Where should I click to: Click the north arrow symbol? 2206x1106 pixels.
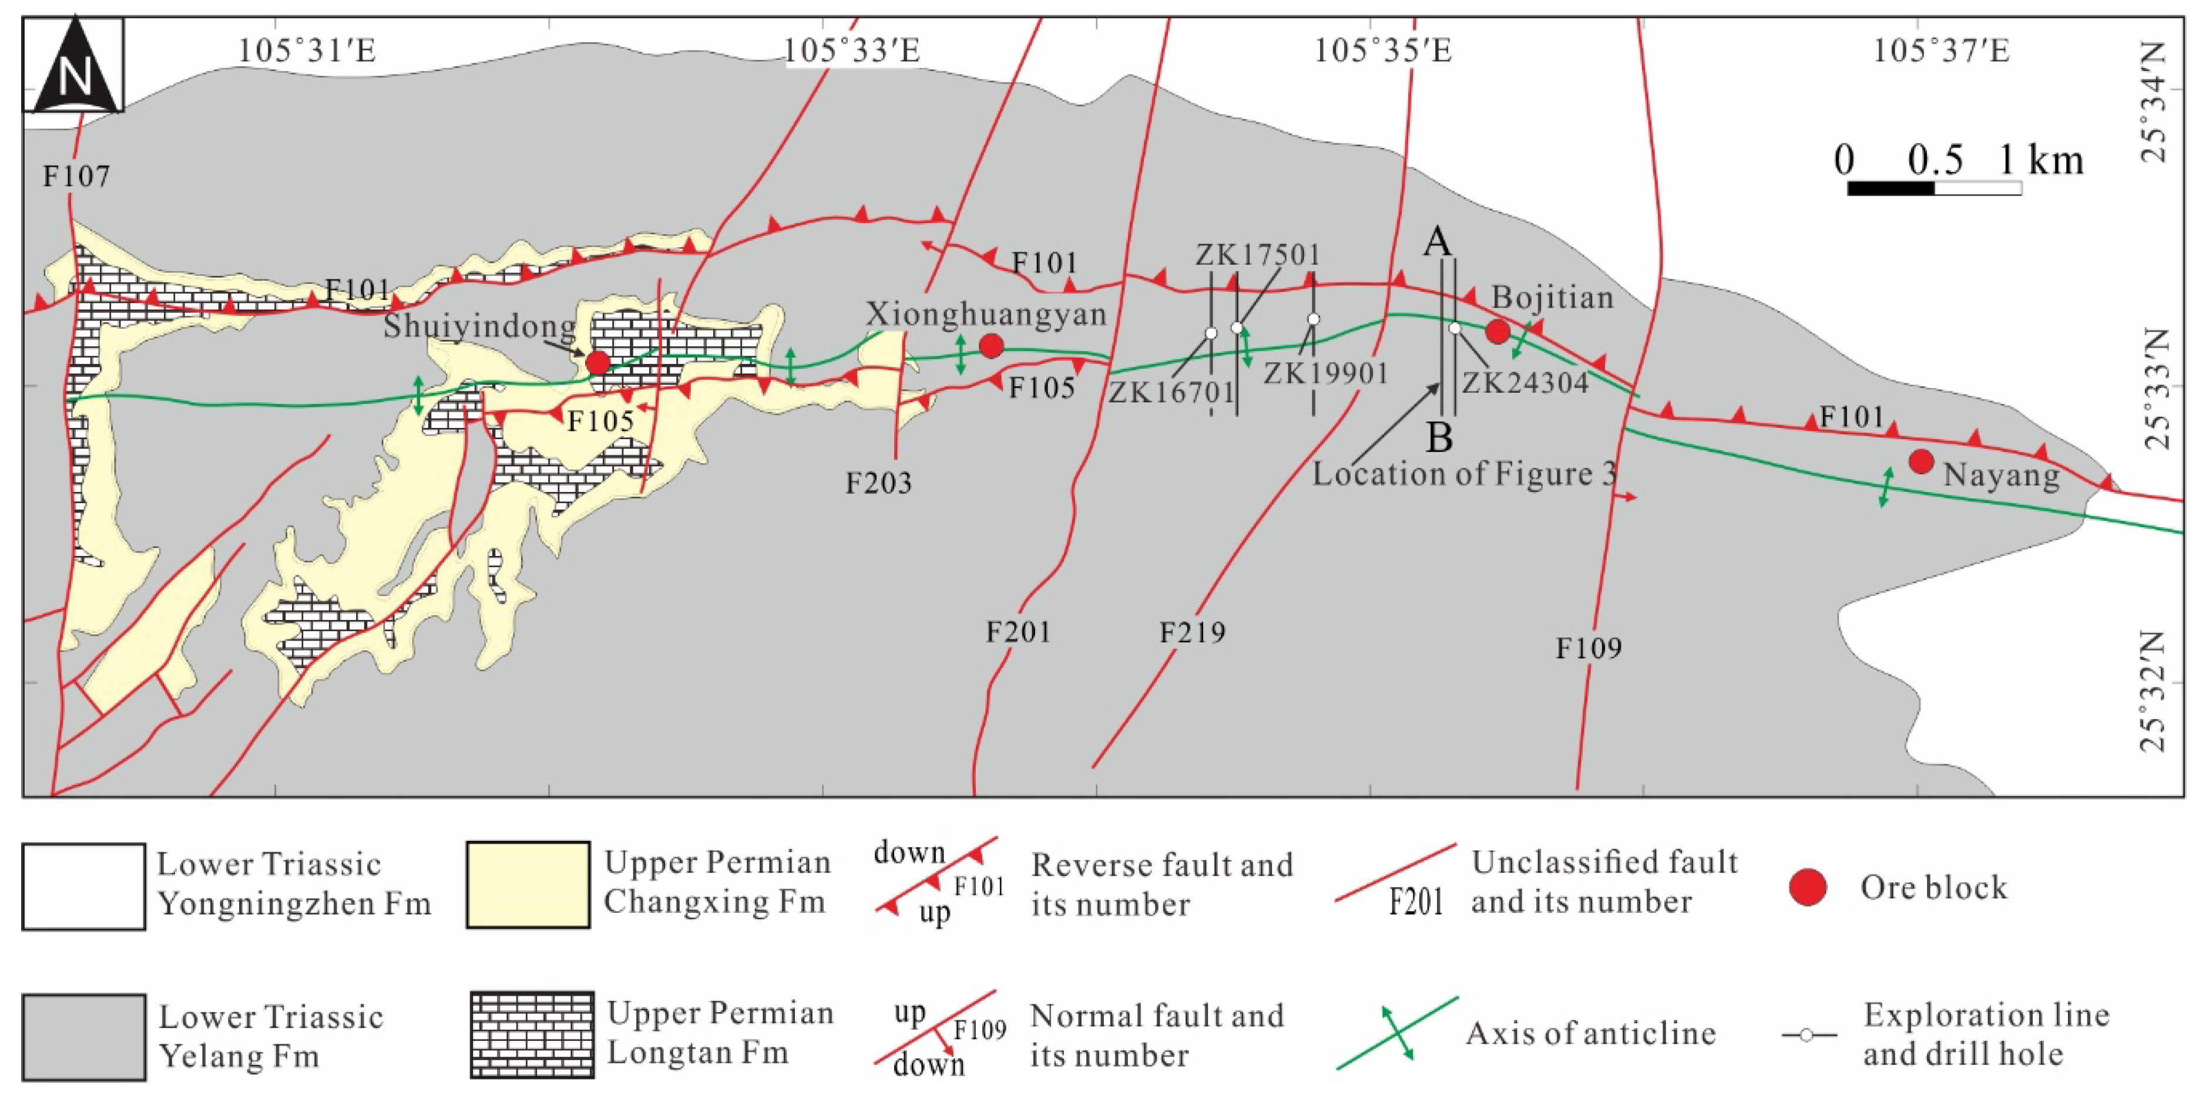click(x=73, y=66)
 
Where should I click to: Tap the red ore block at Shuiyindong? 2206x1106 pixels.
click(x=597, y=363)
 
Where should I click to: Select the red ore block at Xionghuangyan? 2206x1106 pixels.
click(x=991, y=346)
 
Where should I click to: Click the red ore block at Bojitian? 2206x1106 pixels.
click(x=1497, y=331)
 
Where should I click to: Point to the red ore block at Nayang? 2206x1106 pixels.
click(x=1922, y=461)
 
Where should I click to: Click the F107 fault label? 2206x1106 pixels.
click(x=76, y=176)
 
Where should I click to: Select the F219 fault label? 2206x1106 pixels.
click(x=1192, y=633)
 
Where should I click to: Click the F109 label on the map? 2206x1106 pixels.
click(x=1589, y=648)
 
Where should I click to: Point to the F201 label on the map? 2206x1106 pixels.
click(x=1018, y=632)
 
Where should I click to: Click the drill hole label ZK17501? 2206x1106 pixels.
click(x=1257, y=254)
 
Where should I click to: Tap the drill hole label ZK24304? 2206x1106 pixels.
click(x=1525, y=383)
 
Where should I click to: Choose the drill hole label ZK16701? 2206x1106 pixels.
click(x=1171, y=392)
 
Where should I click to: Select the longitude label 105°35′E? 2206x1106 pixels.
click(x=1383, y=50)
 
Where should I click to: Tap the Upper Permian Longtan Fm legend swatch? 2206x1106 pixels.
click(x=532, y=1034)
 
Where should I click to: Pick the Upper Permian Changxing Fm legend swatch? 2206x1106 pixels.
click(x=528, y=884)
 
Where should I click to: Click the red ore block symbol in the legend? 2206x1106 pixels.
click(x=1808, y=887)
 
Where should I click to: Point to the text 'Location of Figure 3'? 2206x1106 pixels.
click(x=1465, y=473)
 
